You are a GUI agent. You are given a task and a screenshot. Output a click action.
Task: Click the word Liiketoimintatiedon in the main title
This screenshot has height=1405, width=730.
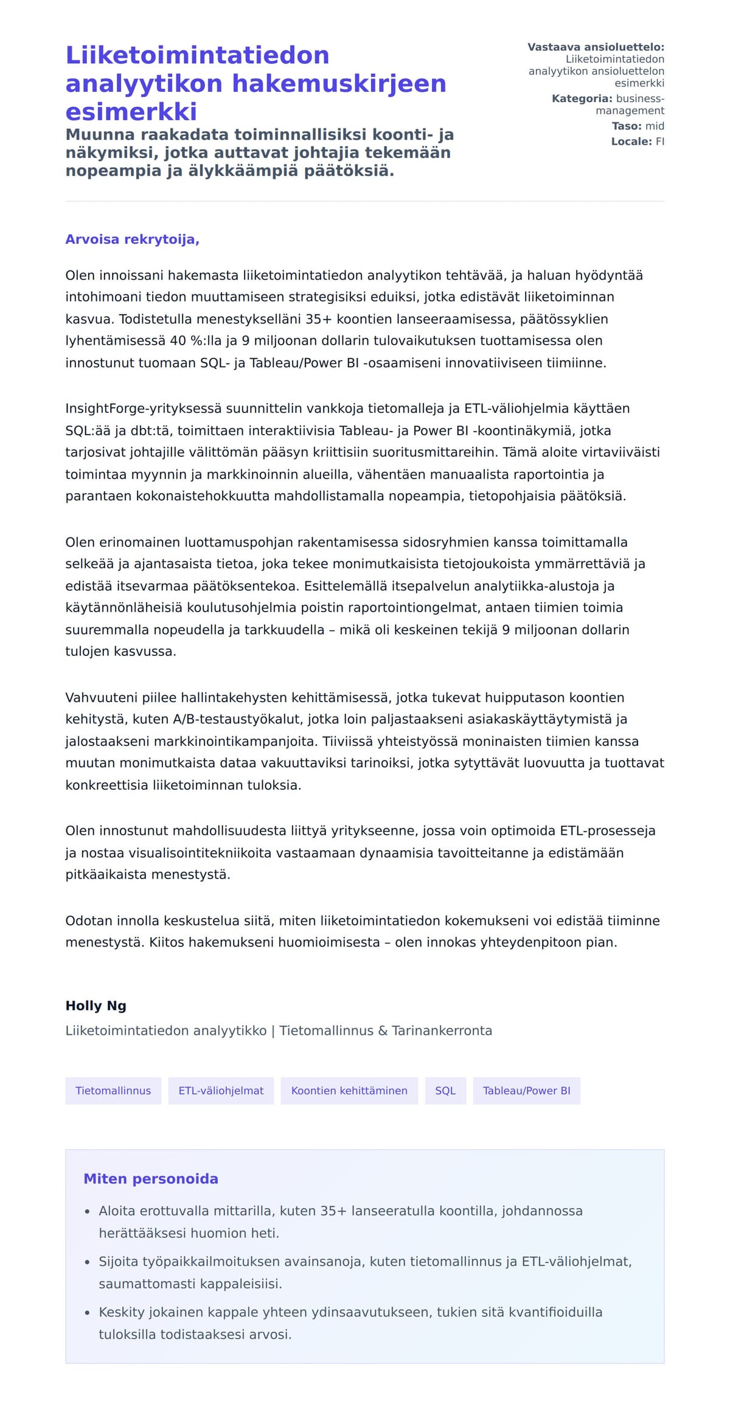[x=197, y=55]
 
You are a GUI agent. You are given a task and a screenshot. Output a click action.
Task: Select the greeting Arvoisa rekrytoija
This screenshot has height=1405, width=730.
[x=132, y=239]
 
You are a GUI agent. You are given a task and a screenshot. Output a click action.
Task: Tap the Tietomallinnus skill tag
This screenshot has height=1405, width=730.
[x=113, y=1090]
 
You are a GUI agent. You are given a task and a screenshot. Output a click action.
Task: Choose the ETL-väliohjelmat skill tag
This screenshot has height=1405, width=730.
[x=221, y=1090]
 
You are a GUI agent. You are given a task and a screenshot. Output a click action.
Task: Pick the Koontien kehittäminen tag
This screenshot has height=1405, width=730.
[x=349, y=1090]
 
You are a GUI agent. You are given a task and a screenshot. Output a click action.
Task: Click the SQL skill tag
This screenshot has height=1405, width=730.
[x=445, y=1090]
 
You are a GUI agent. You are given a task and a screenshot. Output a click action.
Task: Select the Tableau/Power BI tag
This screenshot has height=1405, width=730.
[x=526, y=1090]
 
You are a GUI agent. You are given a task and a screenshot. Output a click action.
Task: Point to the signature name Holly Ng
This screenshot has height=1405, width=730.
[x=96, y=1006]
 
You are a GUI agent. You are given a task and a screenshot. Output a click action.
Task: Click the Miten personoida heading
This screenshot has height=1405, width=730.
[x=150, y=1178]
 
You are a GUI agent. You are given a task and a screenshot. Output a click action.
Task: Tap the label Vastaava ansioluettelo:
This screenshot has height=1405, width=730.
[x=596, y=47]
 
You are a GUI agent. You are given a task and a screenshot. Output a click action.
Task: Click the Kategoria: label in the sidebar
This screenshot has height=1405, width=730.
[x=582, y=98]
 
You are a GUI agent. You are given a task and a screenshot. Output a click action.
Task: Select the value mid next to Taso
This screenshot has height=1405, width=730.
[x=655, y=126]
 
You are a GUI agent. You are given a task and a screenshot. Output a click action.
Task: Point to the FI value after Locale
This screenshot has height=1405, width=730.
[x=659, y=142]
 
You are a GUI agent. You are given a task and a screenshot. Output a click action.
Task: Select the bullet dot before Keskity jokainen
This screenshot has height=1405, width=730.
[x=88, y=1313]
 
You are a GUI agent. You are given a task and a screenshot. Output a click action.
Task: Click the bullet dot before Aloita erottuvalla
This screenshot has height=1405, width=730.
[x=88, y=1211]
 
